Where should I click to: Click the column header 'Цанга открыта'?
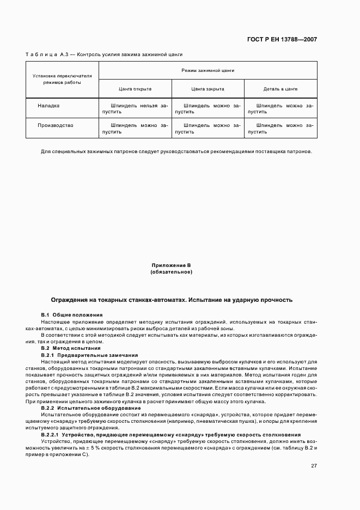tap(135, 89)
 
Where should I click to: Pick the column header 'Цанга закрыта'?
tap(208, 89)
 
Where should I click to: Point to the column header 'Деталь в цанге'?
tap(280, 89)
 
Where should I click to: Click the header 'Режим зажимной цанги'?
tap(208, 70)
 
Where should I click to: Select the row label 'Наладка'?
tap(48, 105)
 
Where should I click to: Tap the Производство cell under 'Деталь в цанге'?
tap(280, 128)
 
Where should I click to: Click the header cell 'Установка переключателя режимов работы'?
tap(62, 79)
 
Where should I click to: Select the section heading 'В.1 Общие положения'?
tap(71, 315)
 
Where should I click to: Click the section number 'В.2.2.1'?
tap(50, 435)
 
